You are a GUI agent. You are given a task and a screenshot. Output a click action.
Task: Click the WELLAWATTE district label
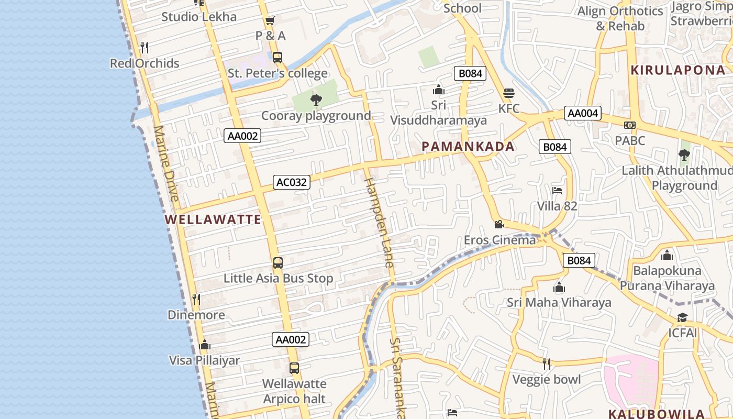pyautogui.click(x=213, y=219)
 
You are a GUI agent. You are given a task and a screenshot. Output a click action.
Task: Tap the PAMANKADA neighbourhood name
pyautogui.click(x=468, y=147)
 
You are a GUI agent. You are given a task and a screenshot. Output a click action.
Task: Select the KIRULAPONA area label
pyautogui.click(x=678, y=70)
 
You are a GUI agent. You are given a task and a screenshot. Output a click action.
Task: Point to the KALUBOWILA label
pyautogui.click(x=657, y=413)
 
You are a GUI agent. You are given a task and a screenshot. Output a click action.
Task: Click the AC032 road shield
pyautogui.click(x=292, y=182)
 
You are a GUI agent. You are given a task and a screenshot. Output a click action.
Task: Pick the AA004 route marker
pyautogui.click(x=583, y=113)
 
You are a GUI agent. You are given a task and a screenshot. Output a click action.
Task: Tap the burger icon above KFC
pyautogui.click(x=509, y=94)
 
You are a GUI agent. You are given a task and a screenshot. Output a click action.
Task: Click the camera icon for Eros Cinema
pyautogui.click(x=499, y=225)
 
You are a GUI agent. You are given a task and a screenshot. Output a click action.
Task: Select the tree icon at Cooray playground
pyautogui.click(x=316, y=100)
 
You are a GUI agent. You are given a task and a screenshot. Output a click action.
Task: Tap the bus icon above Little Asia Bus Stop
pyautogui.click(x=278, y=263)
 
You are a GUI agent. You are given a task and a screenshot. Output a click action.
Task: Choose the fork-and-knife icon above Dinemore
pyautogui.click(x=196, y=300)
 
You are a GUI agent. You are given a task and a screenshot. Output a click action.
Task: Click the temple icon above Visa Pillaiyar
pyautogui.click(x=205, y=345)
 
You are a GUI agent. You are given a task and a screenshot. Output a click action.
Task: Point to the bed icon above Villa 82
pyautogui.click(x=557, y=191)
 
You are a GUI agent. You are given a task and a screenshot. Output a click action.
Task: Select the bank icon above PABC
pyautogui.click(x=630, y=125)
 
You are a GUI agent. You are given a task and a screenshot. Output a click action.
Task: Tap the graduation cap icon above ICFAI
pyautogui.click(x=682, y=318)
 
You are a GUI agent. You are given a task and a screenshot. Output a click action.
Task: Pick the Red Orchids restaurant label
pyautogui.click(x=145, y=63)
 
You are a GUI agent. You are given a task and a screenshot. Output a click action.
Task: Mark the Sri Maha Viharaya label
pyautogui.click(x=559, y=303)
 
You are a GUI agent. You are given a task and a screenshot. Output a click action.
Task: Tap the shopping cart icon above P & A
pyautogui.click(x=270, y=21)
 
